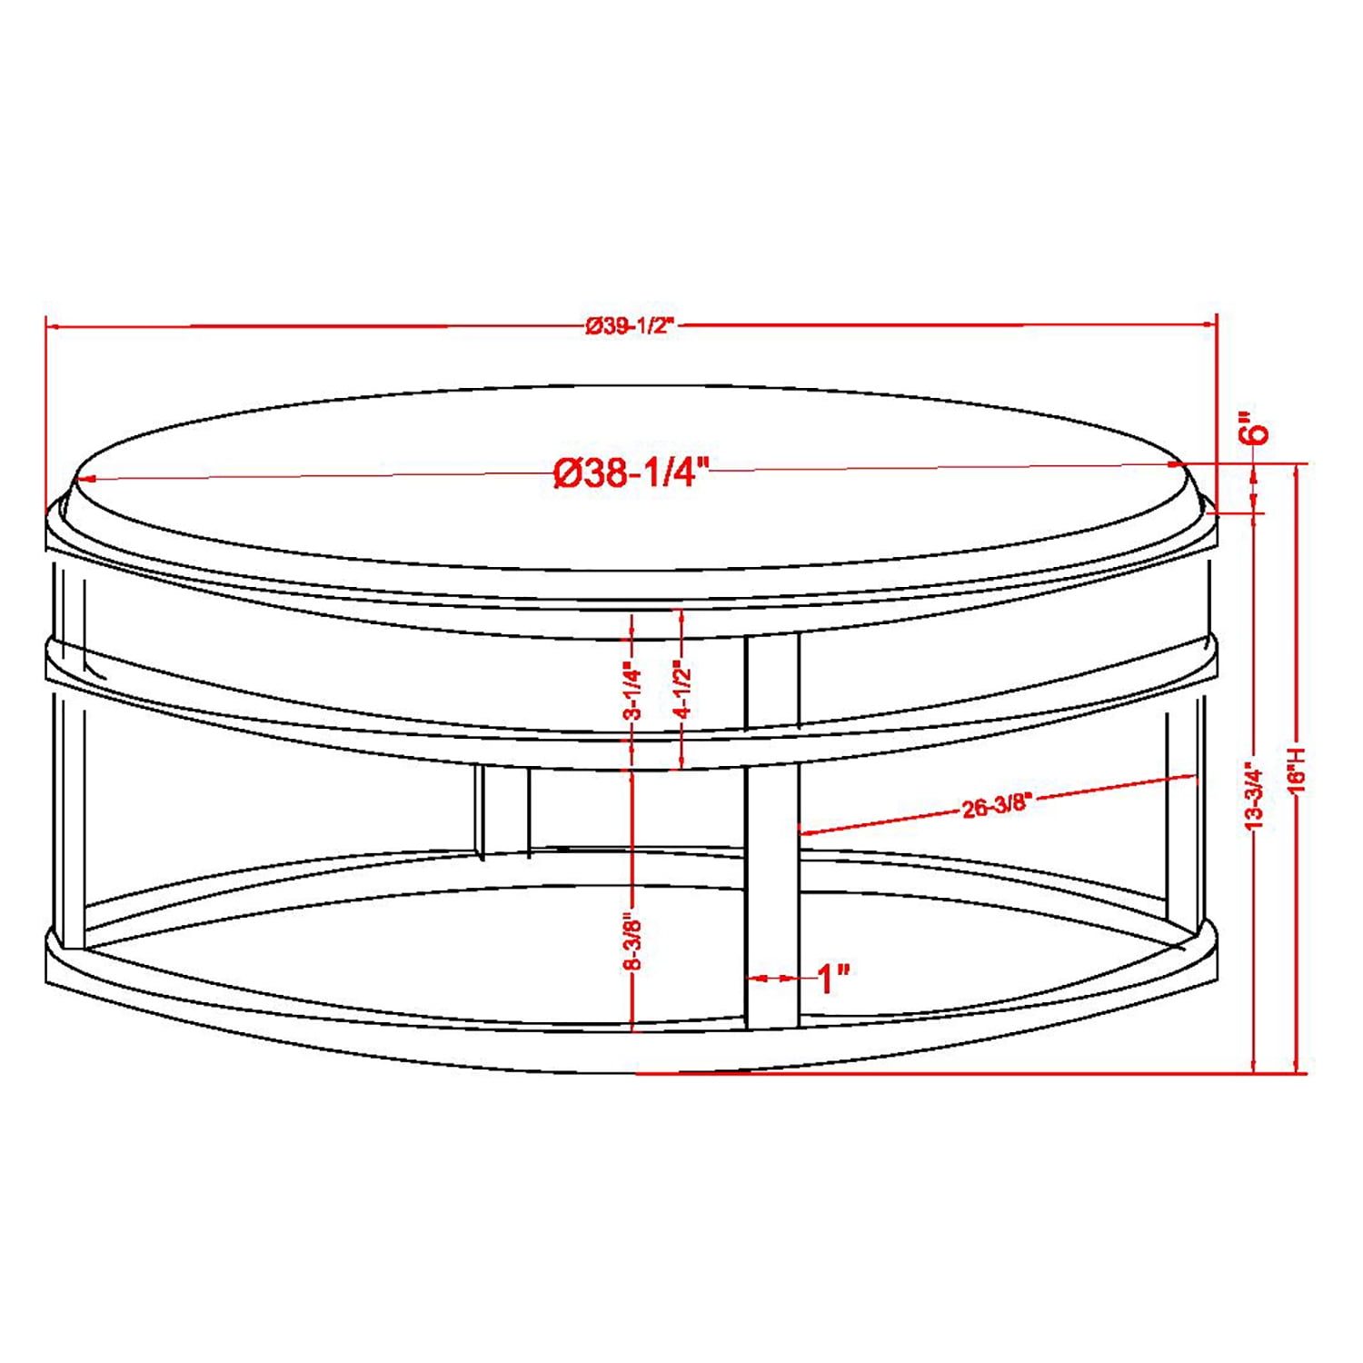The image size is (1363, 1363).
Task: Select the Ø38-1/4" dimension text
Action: (x=631, y=473)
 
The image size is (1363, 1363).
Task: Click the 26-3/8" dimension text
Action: (x=997, y=804)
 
